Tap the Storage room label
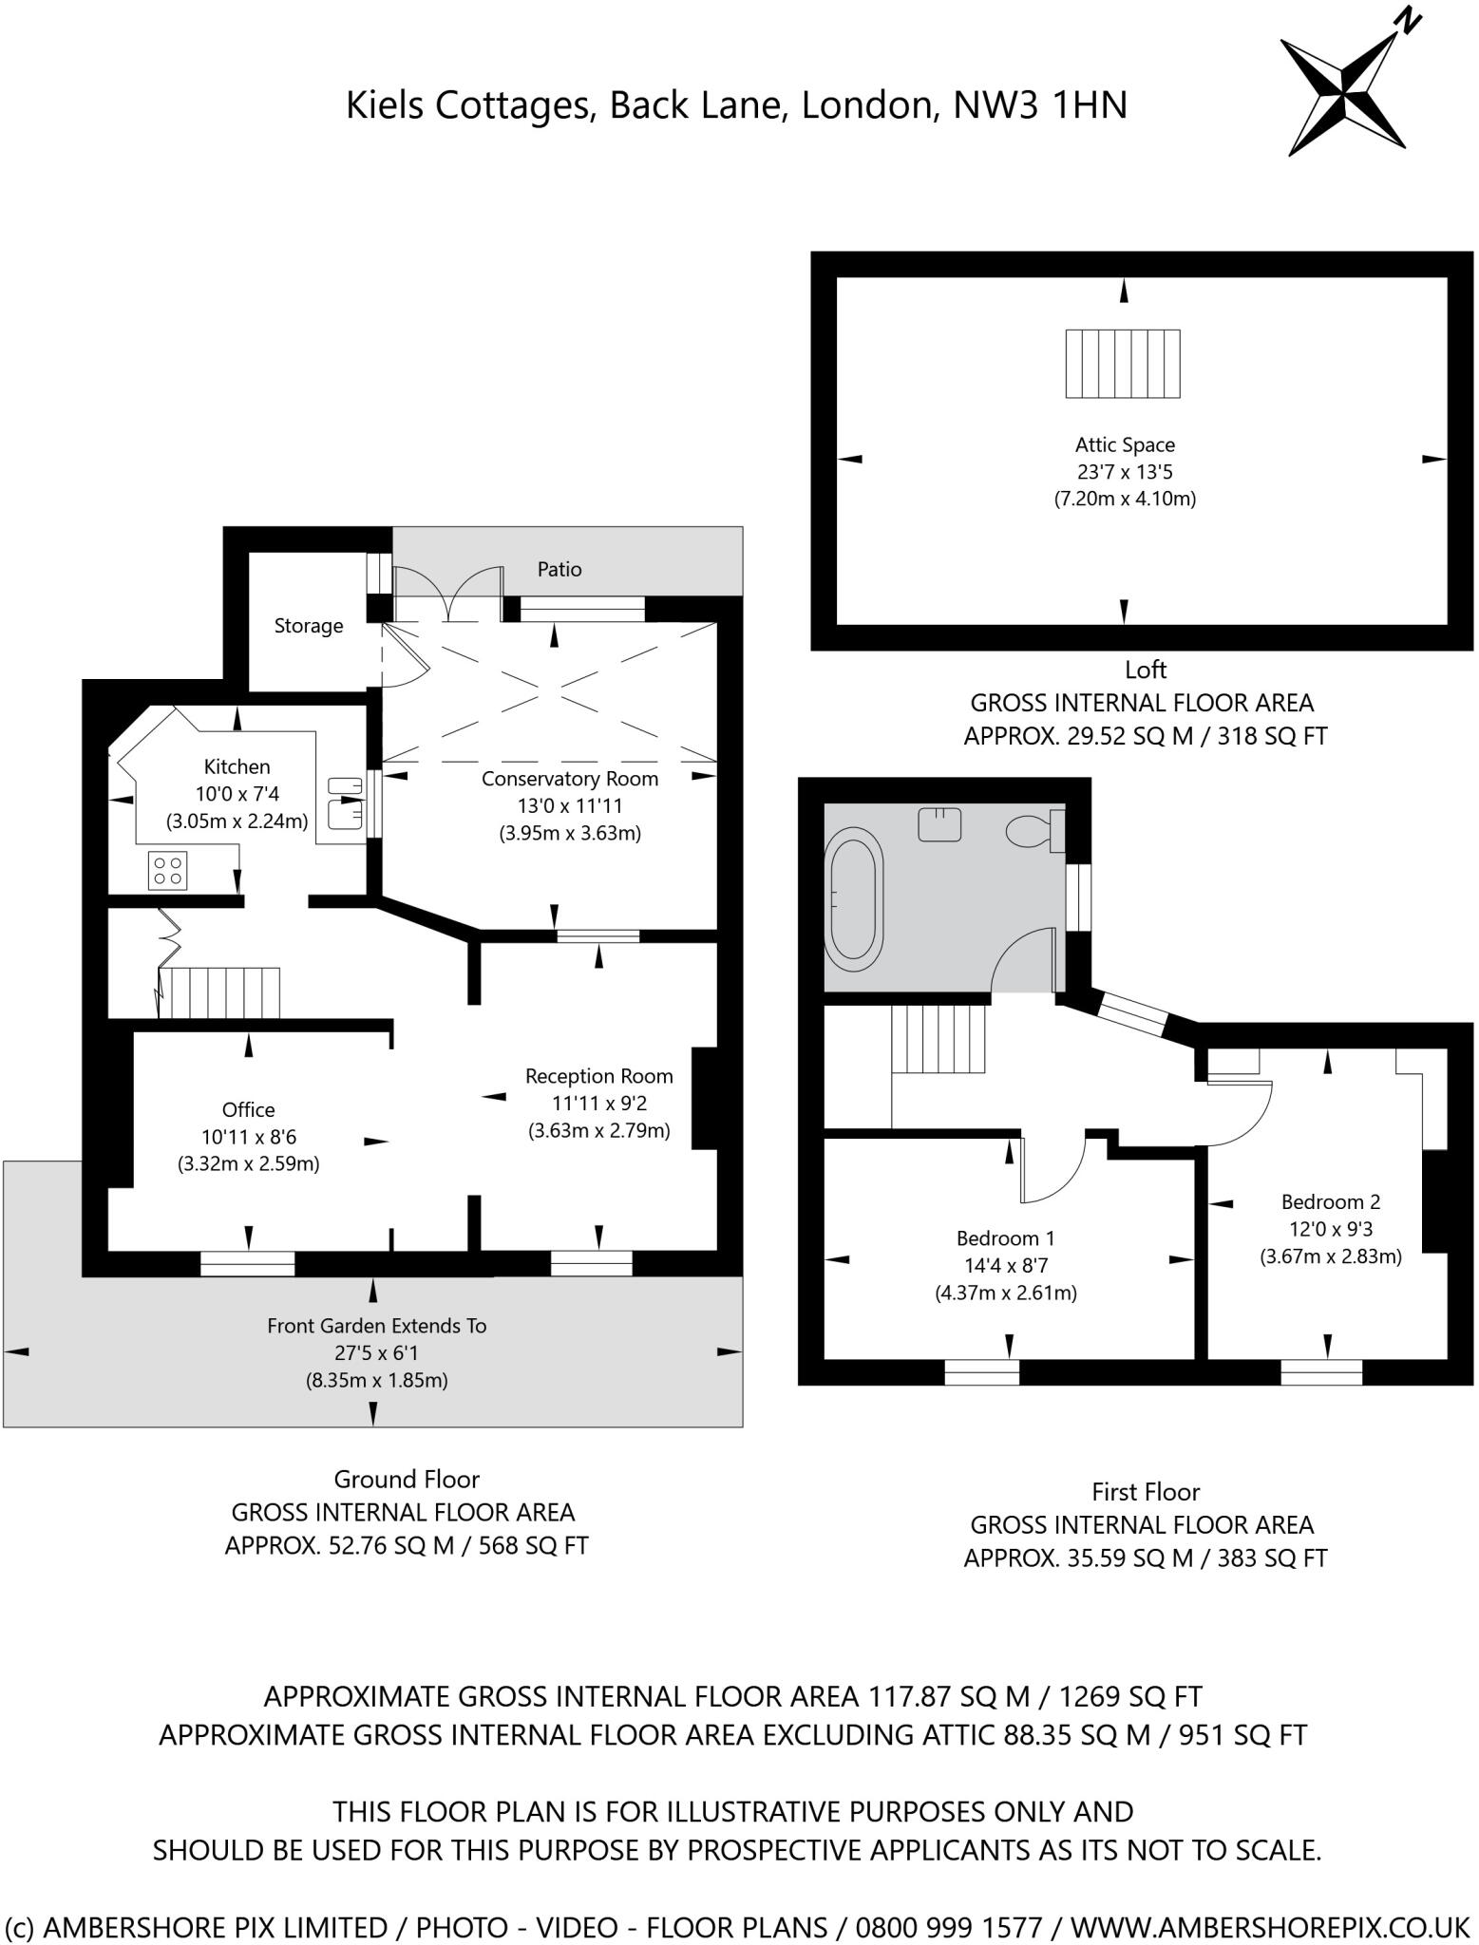[x=308, y=626]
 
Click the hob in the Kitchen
[x=168, y=871]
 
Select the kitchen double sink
[x=345, y=801]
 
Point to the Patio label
[x=559, y=570]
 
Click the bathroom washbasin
[x=939, y=823]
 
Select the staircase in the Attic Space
[x=1122, y=364]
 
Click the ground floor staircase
[x=219, y=992]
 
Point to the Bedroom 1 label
[x=1005, y=1238]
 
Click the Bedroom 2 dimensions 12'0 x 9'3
[x=1330, y=1229]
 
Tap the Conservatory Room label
[x=569, y=779]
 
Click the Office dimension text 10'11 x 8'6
[x=248, y=1136]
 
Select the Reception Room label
[x=598, y=1076]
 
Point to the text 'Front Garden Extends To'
[x=376, y=1326]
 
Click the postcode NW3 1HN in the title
[x=1039, y=104]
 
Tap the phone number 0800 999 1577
[x=948, y=1927]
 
